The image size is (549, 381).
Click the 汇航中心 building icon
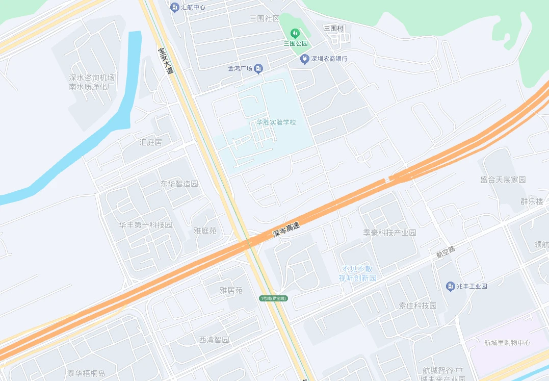pos(175,7)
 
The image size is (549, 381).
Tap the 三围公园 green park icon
pos(294,34)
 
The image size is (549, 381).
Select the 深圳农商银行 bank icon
pos(305,59)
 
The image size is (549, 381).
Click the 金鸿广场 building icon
pos(259,68)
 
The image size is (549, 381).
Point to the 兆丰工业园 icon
pos(451,286)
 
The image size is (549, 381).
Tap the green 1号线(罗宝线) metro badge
pos(274,298)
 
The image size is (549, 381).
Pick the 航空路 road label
pos(446,251)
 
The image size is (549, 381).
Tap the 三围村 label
pos(334,29)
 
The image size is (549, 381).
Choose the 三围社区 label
pos(265,18)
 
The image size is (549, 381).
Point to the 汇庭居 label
pos(150,142)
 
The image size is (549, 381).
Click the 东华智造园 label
pos(179,184)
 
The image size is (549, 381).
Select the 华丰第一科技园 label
pos(146,225)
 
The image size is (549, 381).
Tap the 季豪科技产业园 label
pos(389,233)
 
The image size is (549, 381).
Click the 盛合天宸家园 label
pos(503,180)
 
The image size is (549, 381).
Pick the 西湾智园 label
pos(214,340)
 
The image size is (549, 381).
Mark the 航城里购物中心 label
pos(507,343)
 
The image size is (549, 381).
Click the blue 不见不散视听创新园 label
pos(358,273)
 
